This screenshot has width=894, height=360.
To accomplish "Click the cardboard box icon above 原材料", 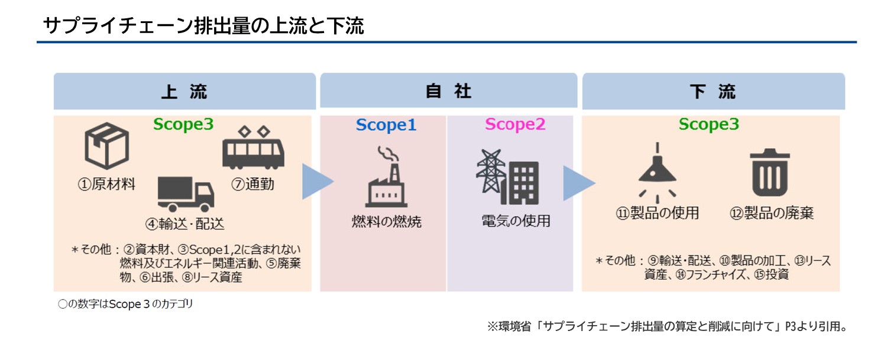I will pyautogui.click(x=107, y=146).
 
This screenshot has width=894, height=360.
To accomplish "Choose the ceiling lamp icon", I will pyautogui.click(x=657, y=170).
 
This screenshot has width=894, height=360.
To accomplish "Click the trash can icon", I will pyautogui.click(x=770, y=173).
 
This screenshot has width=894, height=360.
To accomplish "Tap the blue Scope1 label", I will pyautogui.click(x=386, y=125).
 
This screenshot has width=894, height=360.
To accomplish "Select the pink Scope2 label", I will pyautogui.click(x=515, y=125).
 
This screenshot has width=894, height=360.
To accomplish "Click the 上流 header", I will pyautogui.click(x=184, y=92).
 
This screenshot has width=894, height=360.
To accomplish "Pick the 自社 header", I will pyautogui.click(x=448, y=92).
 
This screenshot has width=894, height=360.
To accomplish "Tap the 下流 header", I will pyautogui.click(x=712, y=92).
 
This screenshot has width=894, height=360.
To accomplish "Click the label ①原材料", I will pyautogui.click(x=107, y=184).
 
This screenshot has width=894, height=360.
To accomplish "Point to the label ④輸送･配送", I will pyautogui.click(x=185, y=224).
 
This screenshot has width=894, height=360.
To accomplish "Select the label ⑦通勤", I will pyautogui.click(x=252, y=184).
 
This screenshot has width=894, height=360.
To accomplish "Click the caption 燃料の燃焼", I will pyautogui.click(x=387, y=222).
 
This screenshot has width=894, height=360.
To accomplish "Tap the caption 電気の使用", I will pyautogui.click(x=516, y=221).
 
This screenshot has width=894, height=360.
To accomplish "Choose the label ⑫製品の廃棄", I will pyautogui.click(x=772, y=213).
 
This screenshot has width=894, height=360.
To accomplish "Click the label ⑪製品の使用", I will pyautogui.click(x=657, y=213).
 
